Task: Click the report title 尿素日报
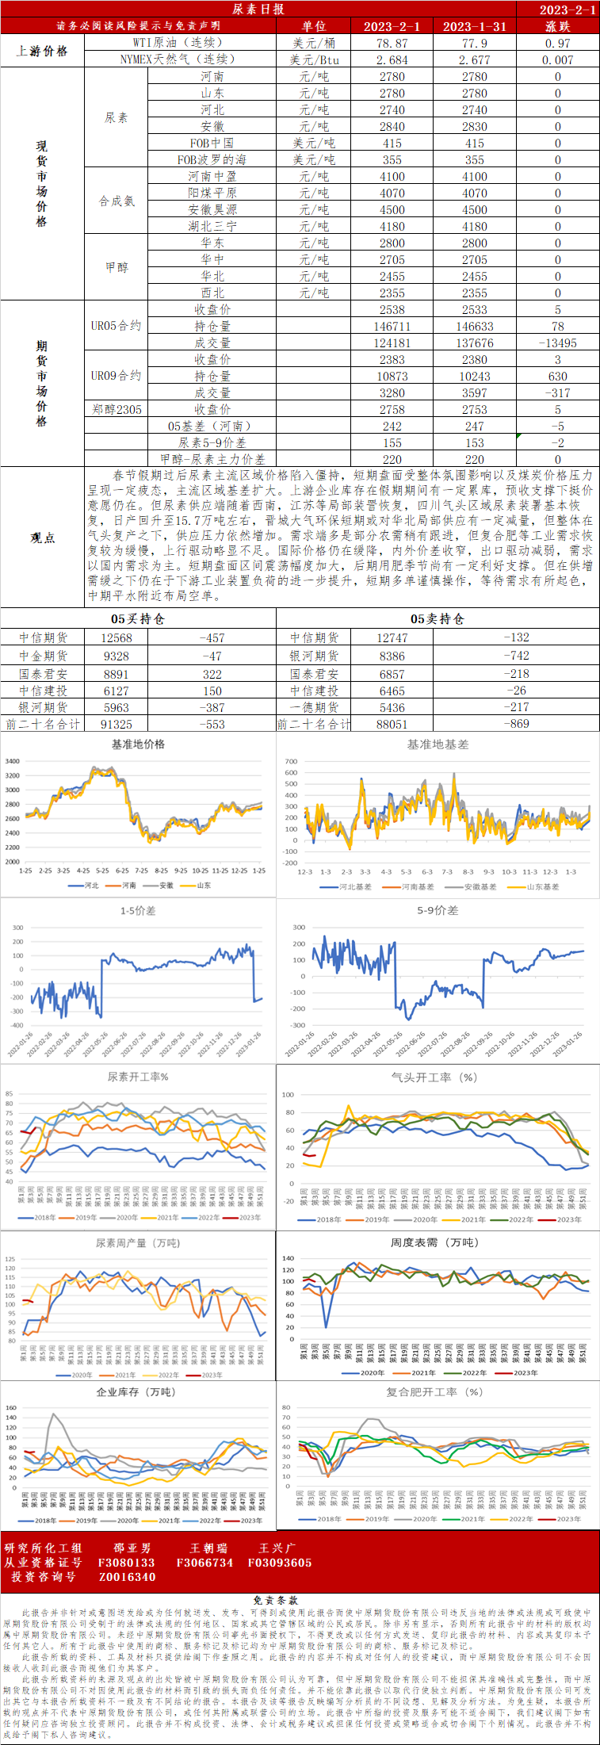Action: [x=258, y=10]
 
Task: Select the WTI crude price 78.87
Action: [x=392, y=43]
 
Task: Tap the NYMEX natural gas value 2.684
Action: [x=392, y=59]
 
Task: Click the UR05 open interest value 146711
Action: [x=392, y=327]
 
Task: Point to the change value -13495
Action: [x=557, y=343]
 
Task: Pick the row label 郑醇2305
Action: [x=117, y=410]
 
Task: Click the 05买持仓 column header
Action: [x=137, y=618]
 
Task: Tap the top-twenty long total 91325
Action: [x=117, y=725]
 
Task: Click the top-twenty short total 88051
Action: [x=392, y=725]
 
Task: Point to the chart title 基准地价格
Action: [x=138, y=744]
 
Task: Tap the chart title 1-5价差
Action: [x=138, y=911]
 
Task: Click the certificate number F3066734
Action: [x=204, y=1563]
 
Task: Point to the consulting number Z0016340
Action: [x=127, y=1577]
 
